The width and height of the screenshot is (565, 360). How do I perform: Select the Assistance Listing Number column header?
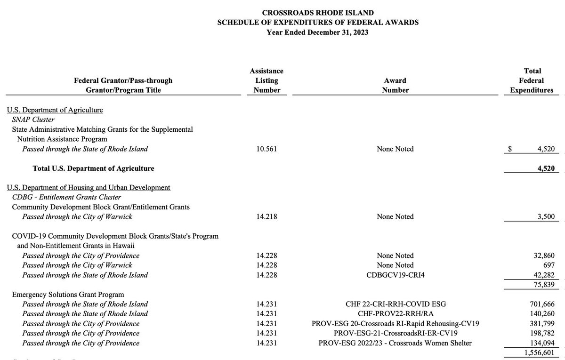(266, 80)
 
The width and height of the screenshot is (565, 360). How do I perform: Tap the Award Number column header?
(395, 85)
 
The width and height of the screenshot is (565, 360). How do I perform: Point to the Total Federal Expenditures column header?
(532, 80)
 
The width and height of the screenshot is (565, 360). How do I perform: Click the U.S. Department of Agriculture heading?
(55, 110)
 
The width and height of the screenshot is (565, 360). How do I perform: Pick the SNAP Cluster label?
(33, 120)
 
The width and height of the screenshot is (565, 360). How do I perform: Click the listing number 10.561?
(266, 149)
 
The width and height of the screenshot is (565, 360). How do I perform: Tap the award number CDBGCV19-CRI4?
(395, 275)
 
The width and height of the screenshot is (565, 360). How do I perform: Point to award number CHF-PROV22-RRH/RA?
(395, 314)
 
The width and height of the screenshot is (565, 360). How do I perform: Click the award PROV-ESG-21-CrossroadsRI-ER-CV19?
(395, 334)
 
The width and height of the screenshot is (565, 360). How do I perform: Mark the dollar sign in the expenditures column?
(510, 149)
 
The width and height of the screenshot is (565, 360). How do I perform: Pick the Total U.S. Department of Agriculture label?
(93, 168)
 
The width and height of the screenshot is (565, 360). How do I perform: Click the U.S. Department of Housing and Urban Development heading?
(89, 187)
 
